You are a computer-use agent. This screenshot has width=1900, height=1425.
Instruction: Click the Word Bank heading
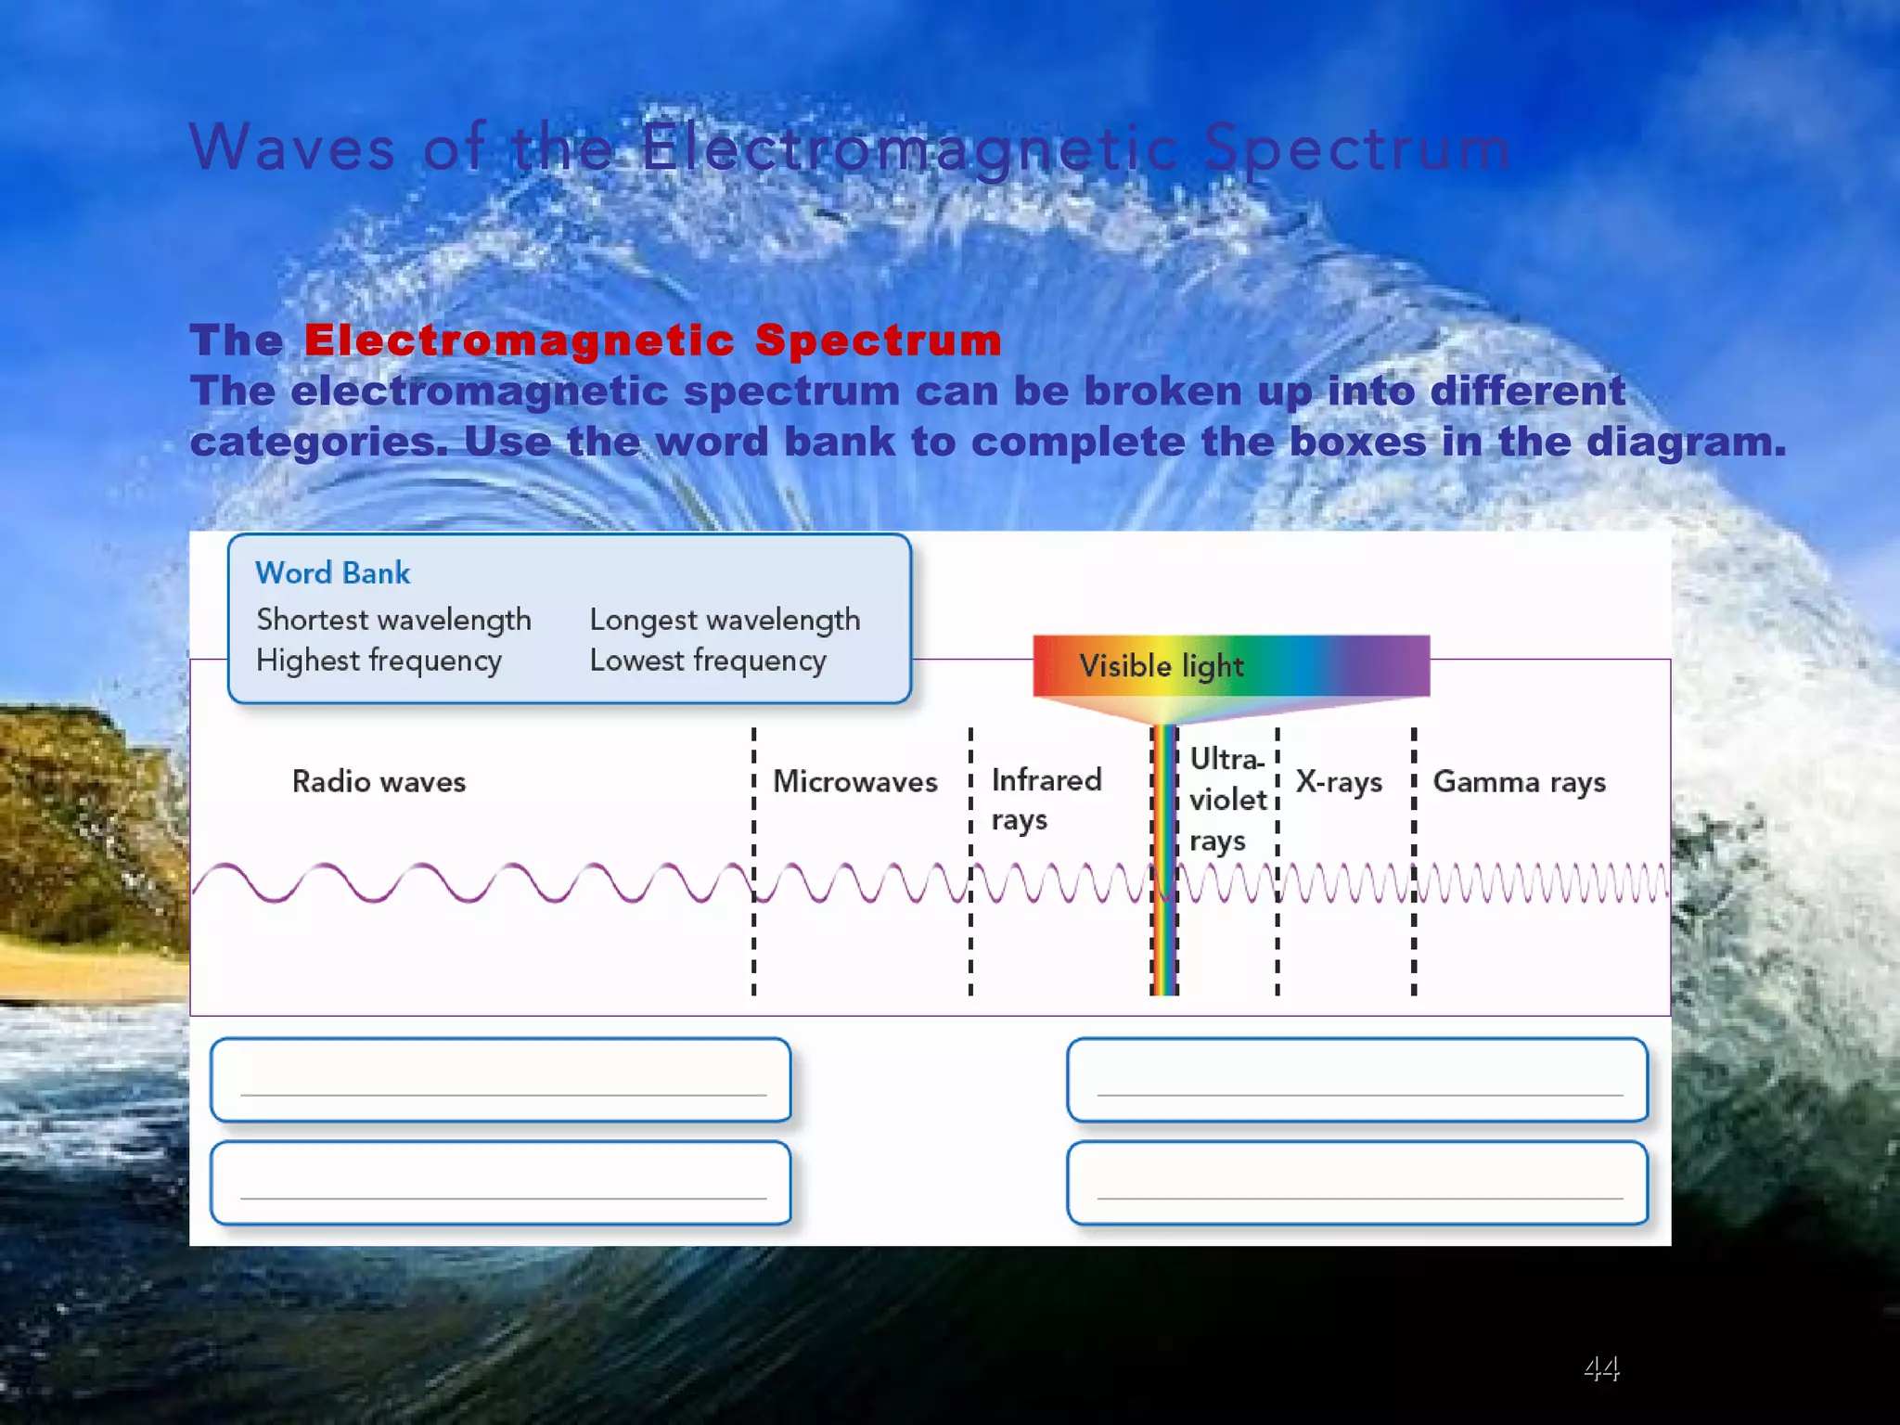[x=332, y=572]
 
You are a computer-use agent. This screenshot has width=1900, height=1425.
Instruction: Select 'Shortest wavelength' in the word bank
[x=393, y=620]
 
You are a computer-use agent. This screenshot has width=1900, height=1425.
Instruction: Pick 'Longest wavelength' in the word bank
[x=725, y=620]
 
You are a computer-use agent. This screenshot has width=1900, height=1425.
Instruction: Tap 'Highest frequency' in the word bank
[x=379, y=661]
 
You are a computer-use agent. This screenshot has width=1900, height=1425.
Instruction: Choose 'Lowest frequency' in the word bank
[x=708, y=661]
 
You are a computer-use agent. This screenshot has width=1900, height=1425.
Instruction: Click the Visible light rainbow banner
[x=1230, y=665]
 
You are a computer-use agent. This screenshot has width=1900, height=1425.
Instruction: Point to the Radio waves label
[x=379, y=781]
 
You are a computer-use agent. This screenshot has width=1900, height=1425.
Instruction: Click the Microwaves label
[x=854, y=781]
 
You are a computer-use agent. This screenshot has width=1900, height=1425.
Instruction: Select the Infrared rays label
[x=1046, y=799]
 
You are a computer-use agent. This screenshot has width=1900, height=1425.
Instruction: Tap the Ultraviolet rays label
[x=1226, y=799]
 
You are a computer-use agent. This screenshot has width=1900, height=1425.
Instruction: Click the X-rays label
[x=1338, y=782]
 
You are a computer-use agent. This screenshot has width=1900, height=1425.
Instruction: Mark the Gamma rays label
[x=1519, y=782]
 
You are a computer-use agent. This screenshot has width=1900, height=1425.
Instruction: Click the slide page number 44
[x=1601, y=1367]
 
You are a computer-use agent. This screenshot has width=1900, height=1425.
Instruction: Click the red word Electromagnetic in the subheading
[x=520, y=340]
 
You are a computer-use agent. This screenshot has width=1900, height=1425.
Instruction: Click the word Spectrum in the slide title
[x=1356, y=148]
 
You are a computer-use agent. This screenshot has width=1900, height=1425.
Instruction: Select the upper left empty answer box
[x=501, y=1079]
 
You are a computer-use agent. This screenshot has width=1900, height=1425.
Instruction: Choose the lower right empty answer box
[x=1356, y=1183]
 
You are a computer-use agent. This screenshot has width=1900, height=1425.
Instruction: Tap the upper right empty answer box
[x=1356, y=1079]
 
